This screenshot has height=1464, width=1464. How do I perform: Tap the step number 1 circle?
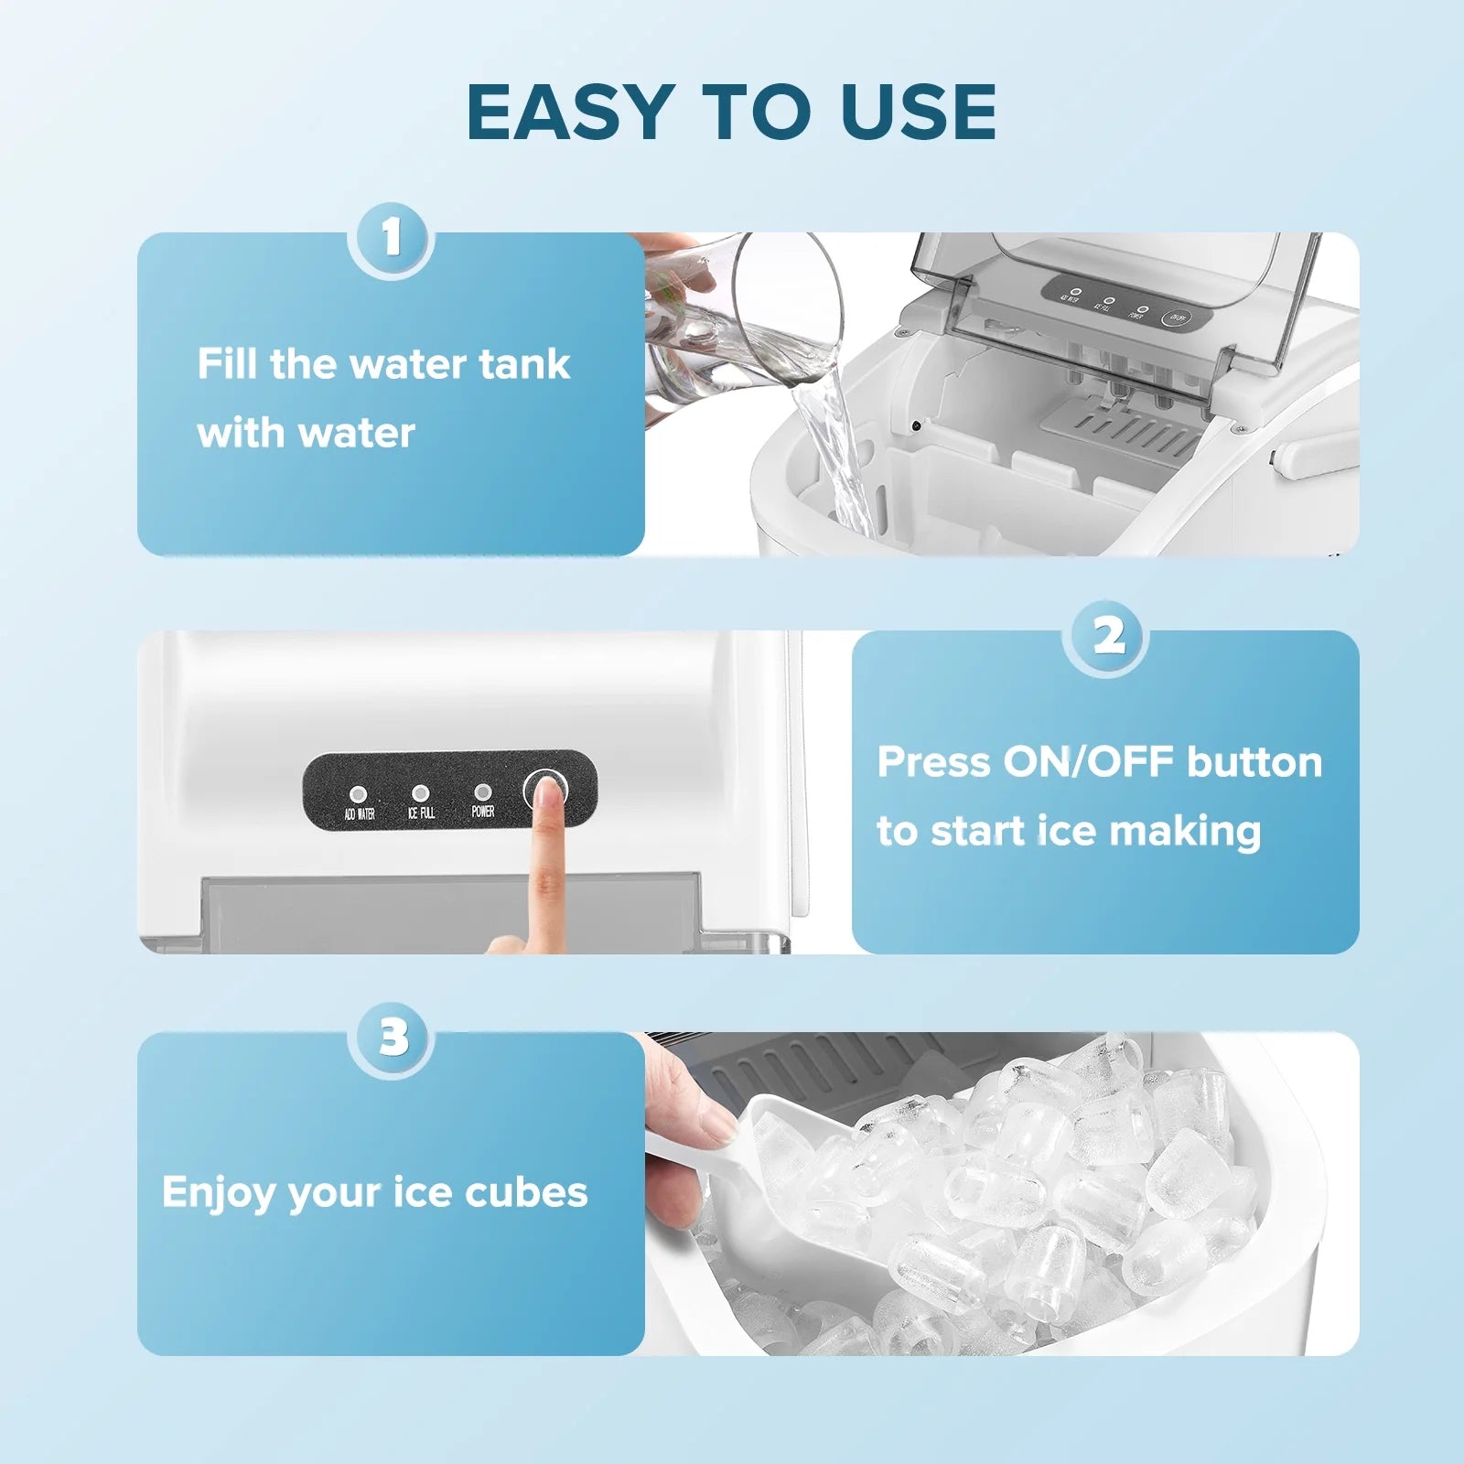point(392,239)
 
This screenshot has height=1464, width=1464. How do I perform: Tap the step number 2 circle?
point(1108,636)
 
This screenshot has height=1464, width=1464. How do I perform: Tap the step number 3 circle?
point(393,1038)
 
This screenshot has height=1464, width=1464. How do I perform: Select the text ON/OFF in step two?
point(1088,762)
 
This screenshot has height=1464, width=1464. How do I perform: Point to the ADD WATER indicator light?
point(359,794)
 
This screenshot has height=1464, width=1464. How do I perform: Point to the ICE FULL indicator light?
point(420,792)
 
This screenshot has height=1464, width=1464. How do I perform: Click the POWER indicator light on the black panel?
point(482,791)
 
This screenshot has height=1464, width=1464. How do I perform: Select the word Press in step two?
point(932,762)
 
